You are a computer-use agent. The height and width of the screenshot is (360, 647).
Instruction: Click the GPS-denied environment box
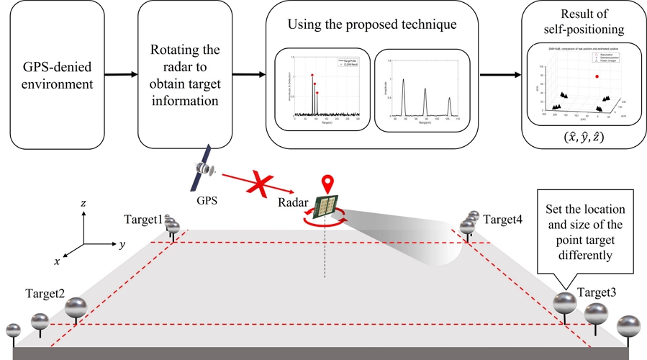coord(55,73)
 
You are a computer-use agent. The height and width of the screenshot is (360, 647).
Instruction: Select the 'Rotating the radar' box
coord(184,74)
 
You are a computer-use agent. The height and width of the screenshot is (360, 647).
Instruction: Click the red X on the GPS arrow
coord(260,184)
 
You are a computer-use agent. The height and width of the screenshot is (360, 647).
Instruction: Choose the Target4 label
coord(503,218)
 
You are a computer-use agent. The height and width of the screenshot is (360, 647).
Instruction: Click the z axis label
coord(83,204)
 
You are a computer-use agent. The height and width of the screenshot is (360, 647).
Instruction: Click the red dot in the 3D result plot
coord(596,75)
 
